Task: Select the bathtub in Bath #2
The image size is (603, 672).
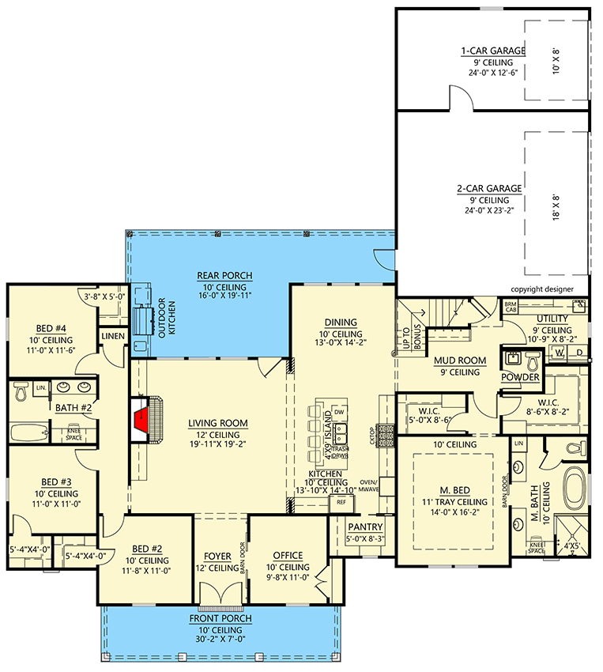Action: coord(28,432)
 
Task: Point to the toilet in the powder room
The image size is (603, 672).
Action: coord(533,362)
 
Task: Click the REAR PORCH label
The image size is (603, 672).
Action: coord(224,276)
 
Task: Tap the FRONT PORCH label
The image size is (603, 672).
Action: coord(220,618)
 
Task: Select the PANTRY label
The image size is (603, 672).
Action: coord(365,527)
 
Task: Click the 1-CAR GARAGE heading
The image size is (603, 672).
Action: coord(493,51)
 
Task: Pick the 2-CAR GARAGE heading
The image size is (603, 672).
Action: coord(489,189)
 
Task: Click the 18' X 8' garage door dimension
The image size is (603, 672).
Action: coord(556,207)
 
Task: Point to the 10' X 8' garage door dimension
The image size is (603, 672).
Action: coord(556,62)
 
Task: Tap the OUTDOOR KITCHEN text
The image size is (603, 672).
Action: coord(166,319)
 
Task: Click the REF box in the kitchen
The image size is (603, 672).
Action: coord(341,502)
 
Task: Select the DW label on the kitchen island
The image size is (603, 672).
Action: coord(339,412)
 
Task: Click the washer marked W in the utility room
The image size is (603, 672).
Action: coord(559,353)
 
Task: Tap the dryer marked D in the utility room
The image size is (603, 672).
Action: coord(579,353)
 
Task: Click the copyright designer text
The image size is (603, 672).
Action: coord(542,289)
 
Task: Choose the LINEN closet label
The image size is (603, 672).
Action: coord(113,337)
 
